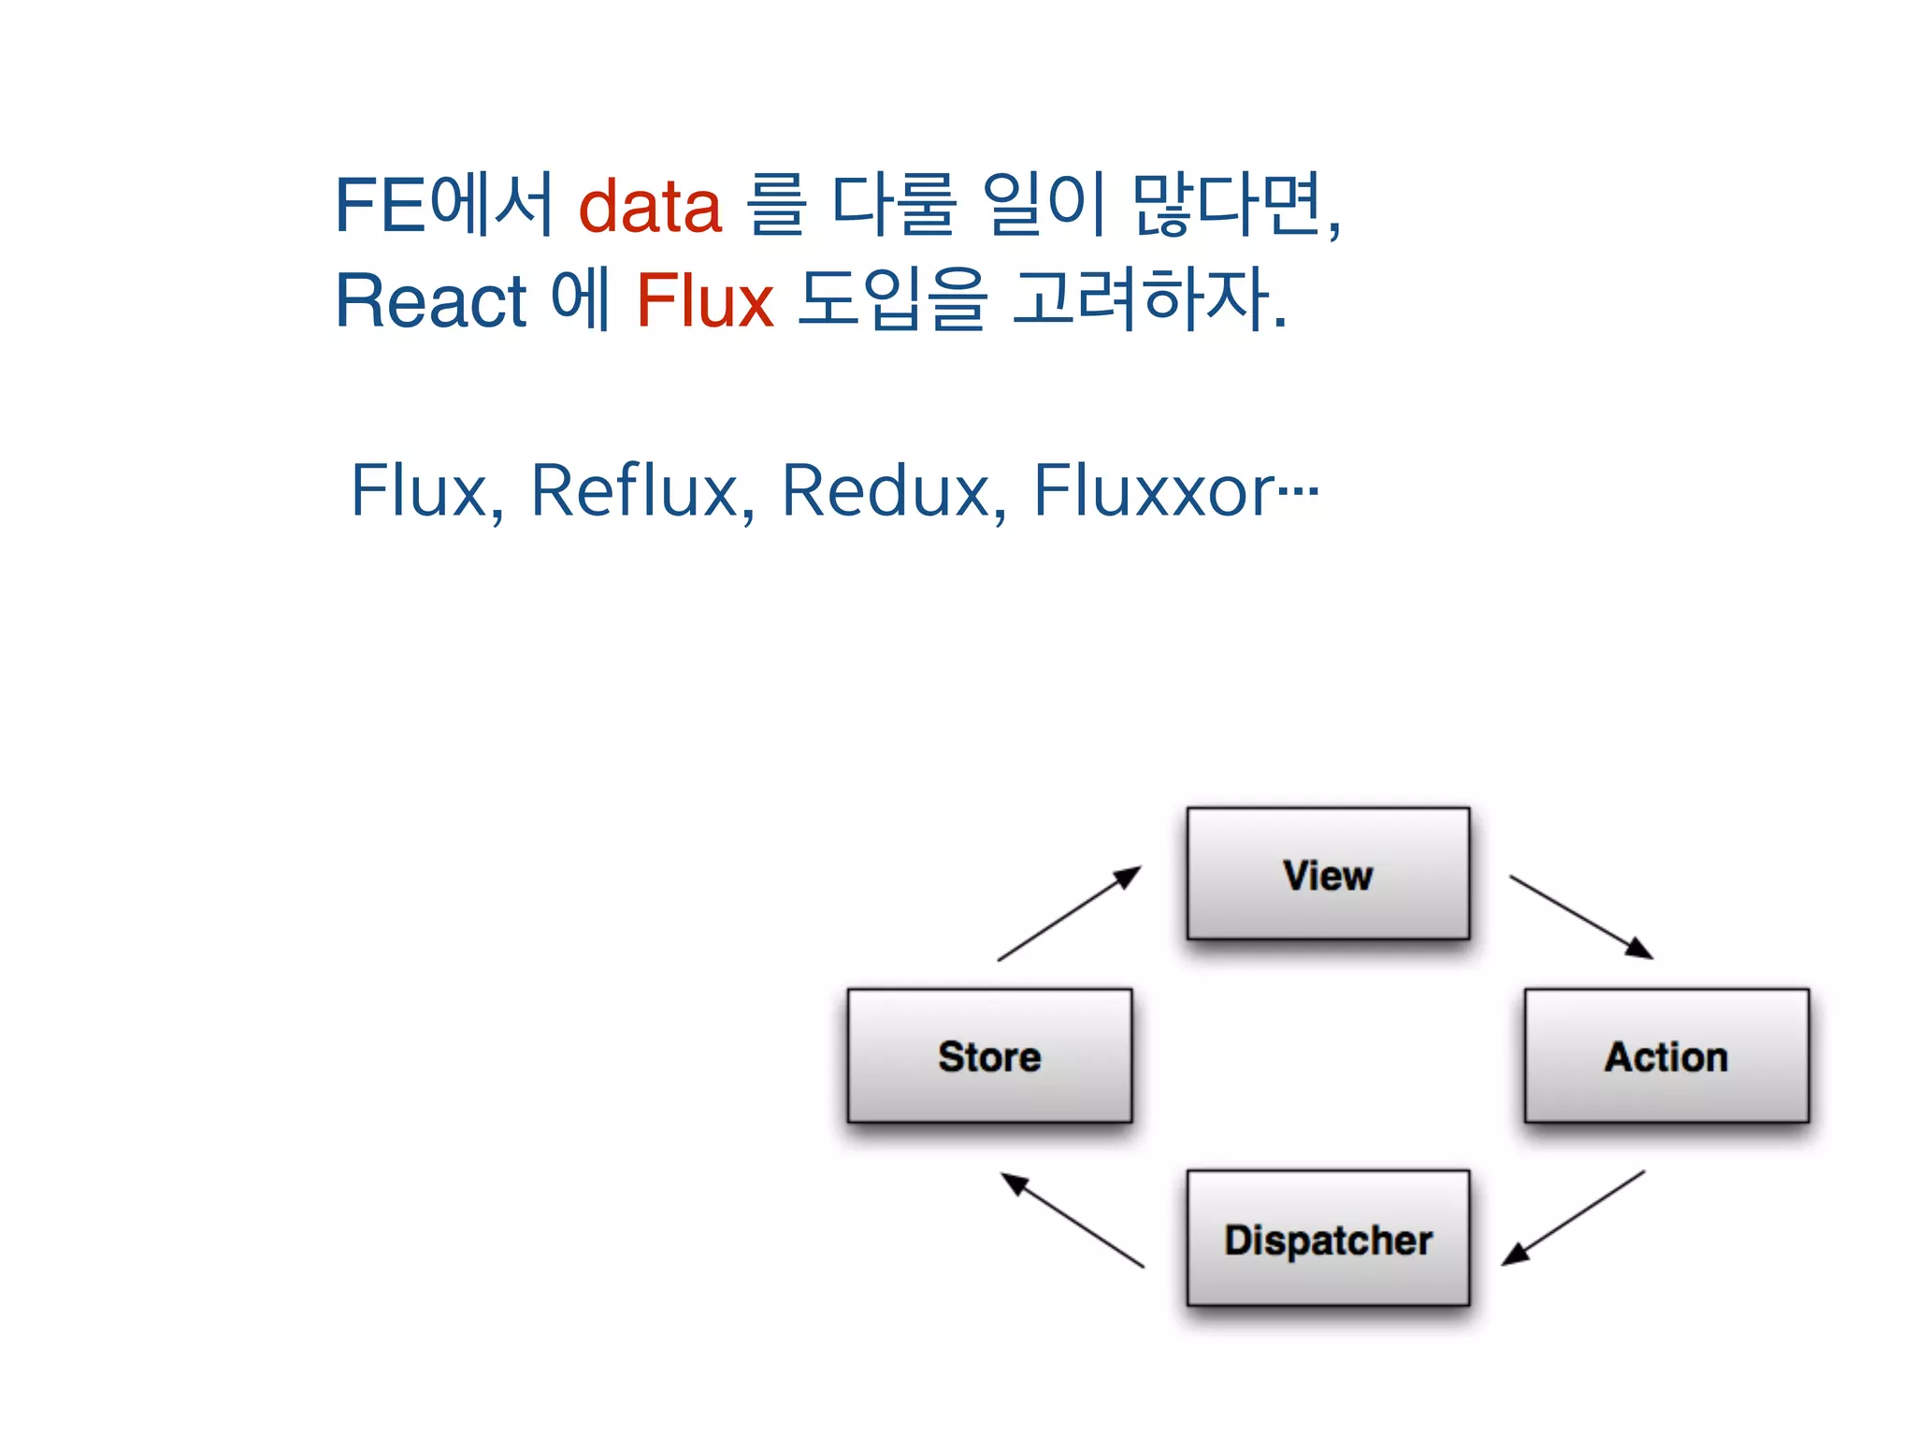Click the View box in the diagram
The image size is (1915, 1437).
tap(1328, 874)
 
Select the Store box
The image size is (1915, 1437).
tap(989, 1055)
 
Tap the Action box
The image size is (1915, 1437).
tap(1666, 1055)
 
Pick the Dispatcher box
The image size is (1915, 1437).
tap(1328, 1238)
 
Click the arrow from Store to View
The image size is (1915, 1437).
tap(1070, 913)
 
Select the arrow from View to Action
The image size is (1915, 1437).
tap(1581, 917)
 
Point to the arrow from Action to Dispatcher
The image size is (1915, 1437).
tap(1574, 1217)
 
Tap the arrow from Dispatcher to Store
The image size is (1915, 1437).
tap(1073, 1220)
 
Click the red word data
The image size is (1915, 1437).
tap(650, 206)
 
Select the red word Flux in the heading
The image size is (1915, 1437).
tap(705, 301)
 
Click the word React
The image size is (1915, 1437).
tap(431, 301)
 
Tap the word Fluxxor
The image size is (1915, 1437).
tap(1154, 490)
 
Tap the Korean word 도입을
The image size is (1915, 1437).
tap(893, 301)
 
